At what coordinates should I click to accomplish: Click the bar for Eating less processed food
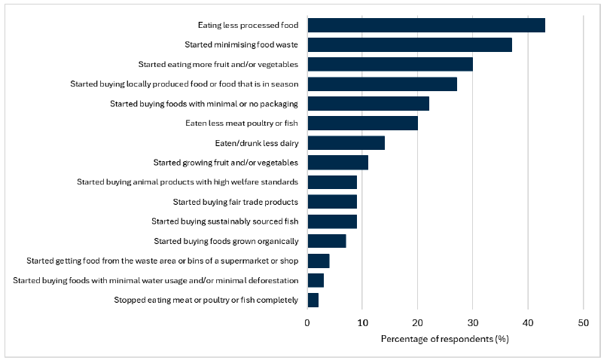tap(426, 25)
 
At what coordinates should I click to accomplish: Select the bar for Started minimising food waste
tap(410, 44)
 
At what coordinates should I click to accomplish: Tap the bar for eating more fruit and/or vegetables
tap(390, 64)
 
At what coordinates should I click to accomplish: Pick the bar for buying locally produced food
tap(382, 84)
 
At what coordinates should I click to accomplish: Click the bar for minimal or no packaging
tap(368, 103)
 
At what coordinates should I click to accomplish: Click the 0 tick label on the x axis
tap(307, 322)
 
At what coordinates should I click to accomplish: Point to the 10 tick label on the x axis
tap(362, 322)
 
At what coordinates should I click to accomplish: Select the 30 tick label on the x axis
tap(473, 322)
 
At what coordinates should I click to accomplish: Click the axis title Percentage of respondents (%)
tap(445, 339)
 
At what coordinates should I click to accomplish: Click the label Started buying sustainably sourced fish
tap(224, 221)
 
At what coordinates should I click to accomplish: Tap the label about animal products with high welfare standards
tap(188, 182)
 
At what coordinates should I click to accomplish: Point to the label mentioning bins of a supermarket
tap(162, 261)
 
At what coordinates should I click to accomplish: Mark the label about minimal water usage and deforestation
tap(156, 280)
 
